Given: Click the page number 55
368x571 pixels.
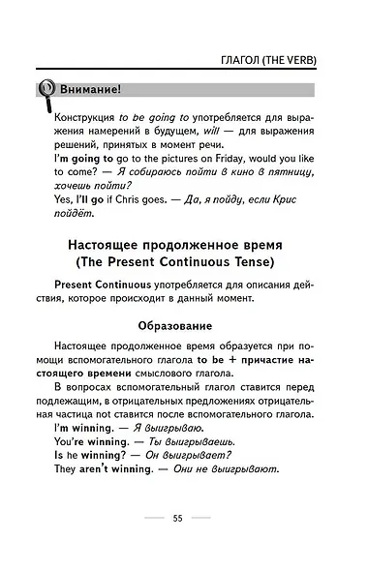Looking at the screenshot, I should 178,518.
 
